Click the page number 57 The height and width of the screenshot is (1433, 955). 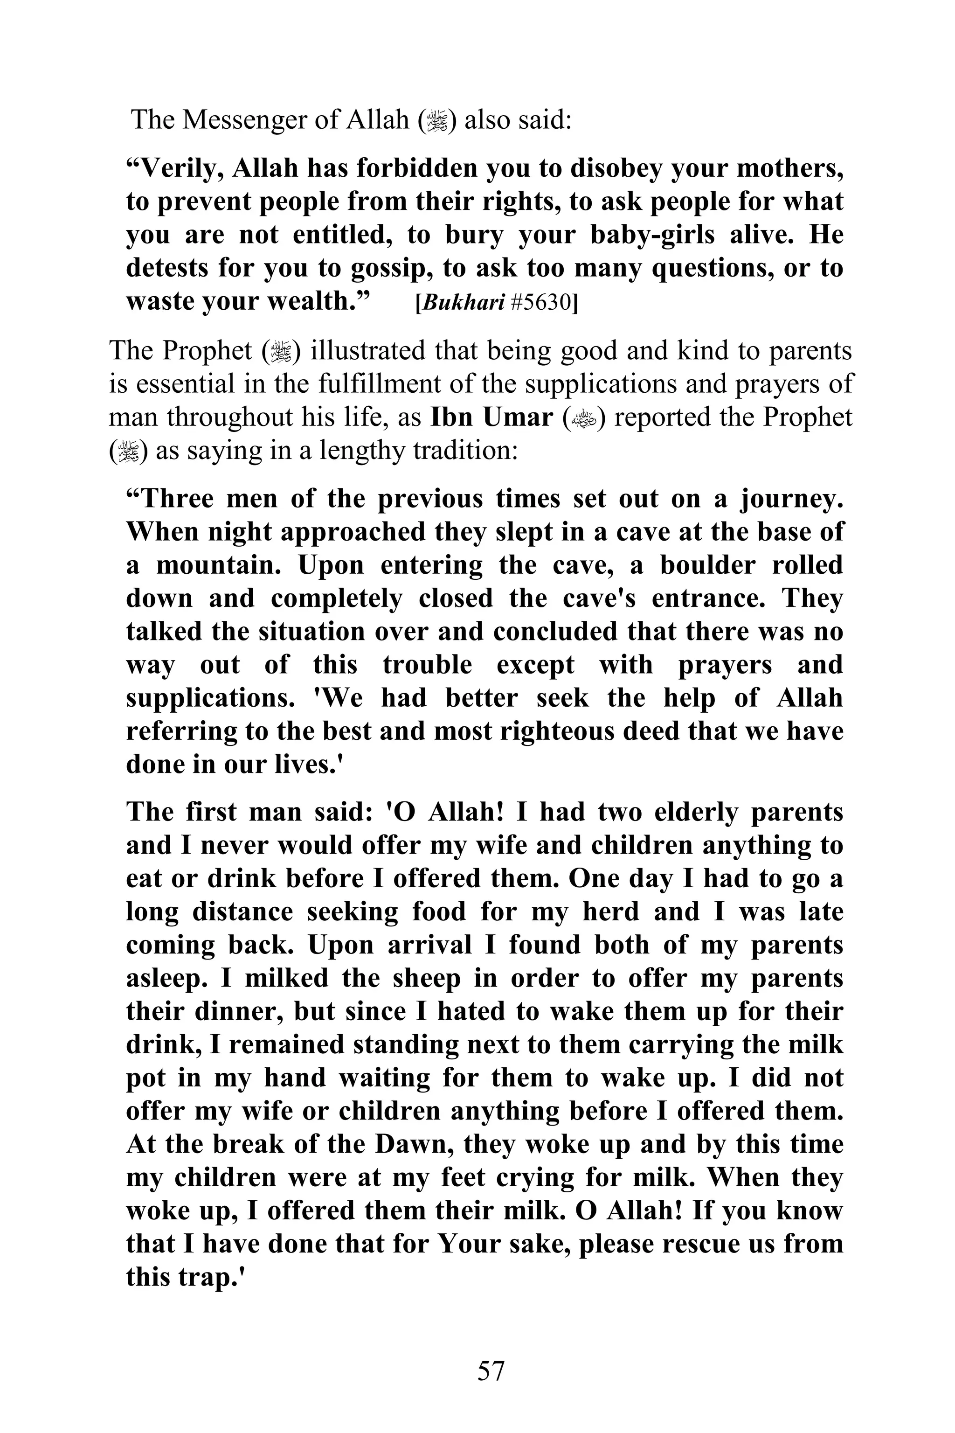point(491,1370)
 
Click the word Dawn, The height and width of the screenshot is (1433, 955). point(414,1144)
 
